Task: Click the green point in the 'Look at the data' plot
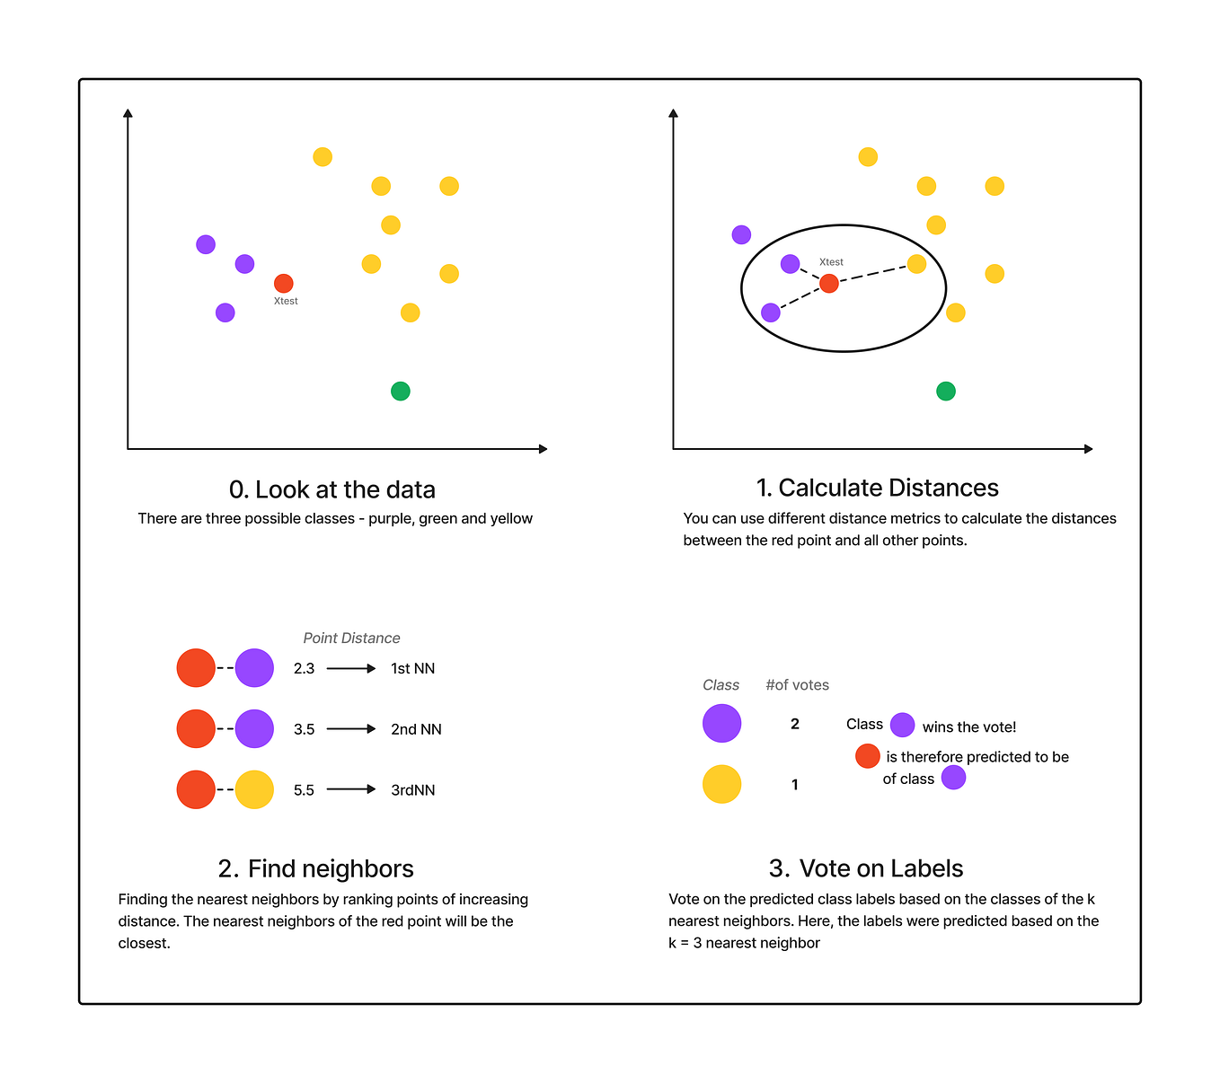[401, 391]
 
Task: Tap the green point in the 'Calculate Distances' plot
[946, 391]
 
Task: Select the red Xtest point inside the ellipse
[829, 284]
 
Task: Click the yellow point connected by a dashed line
[916, 264]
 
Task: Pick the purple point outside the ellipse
[741, 234]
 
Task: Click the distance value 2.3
[304, 668]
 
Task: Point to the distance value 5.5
[304, 790]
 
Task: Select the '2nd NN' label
[416, 729]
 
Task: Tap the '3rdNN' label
[412, 790]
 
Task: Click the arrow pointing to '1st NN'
[351, 668]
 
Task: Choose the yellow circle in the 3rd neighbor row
[254, 789]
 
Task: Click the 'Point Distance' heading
[351, 638]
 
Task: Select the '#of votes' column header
[797, 684]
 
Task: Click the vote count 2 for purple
[795, 724]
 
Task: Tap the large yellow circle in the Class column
[721, 784]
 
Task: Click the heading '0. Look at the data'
[332, 489]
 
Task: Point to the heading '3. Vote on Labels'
[866, 868]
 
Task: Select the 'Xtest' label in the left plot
[286, 301]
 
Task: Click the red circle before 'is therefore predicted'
[868, 756]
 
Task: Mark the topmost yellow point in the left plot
[323, 157]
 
